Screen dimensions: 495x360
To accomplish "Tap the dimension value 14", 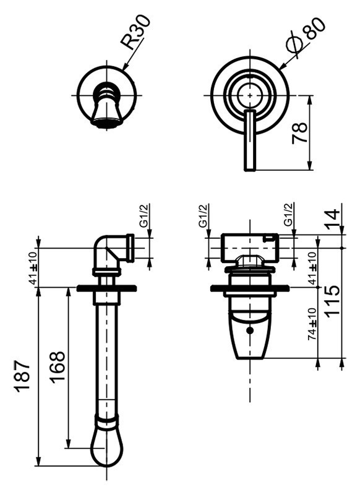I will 332,218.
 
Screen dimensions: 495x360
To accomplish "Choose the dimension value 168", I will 57,368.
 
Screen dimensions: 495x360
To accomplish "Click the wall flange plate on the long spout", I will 106,288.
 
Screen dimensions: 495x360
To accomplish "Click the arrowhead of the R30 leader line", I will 124,67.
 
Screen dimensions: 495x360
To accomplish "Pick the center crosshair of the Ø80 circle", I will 250,95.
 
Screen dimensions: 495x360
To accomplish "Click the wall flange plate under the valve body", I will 250,288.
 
